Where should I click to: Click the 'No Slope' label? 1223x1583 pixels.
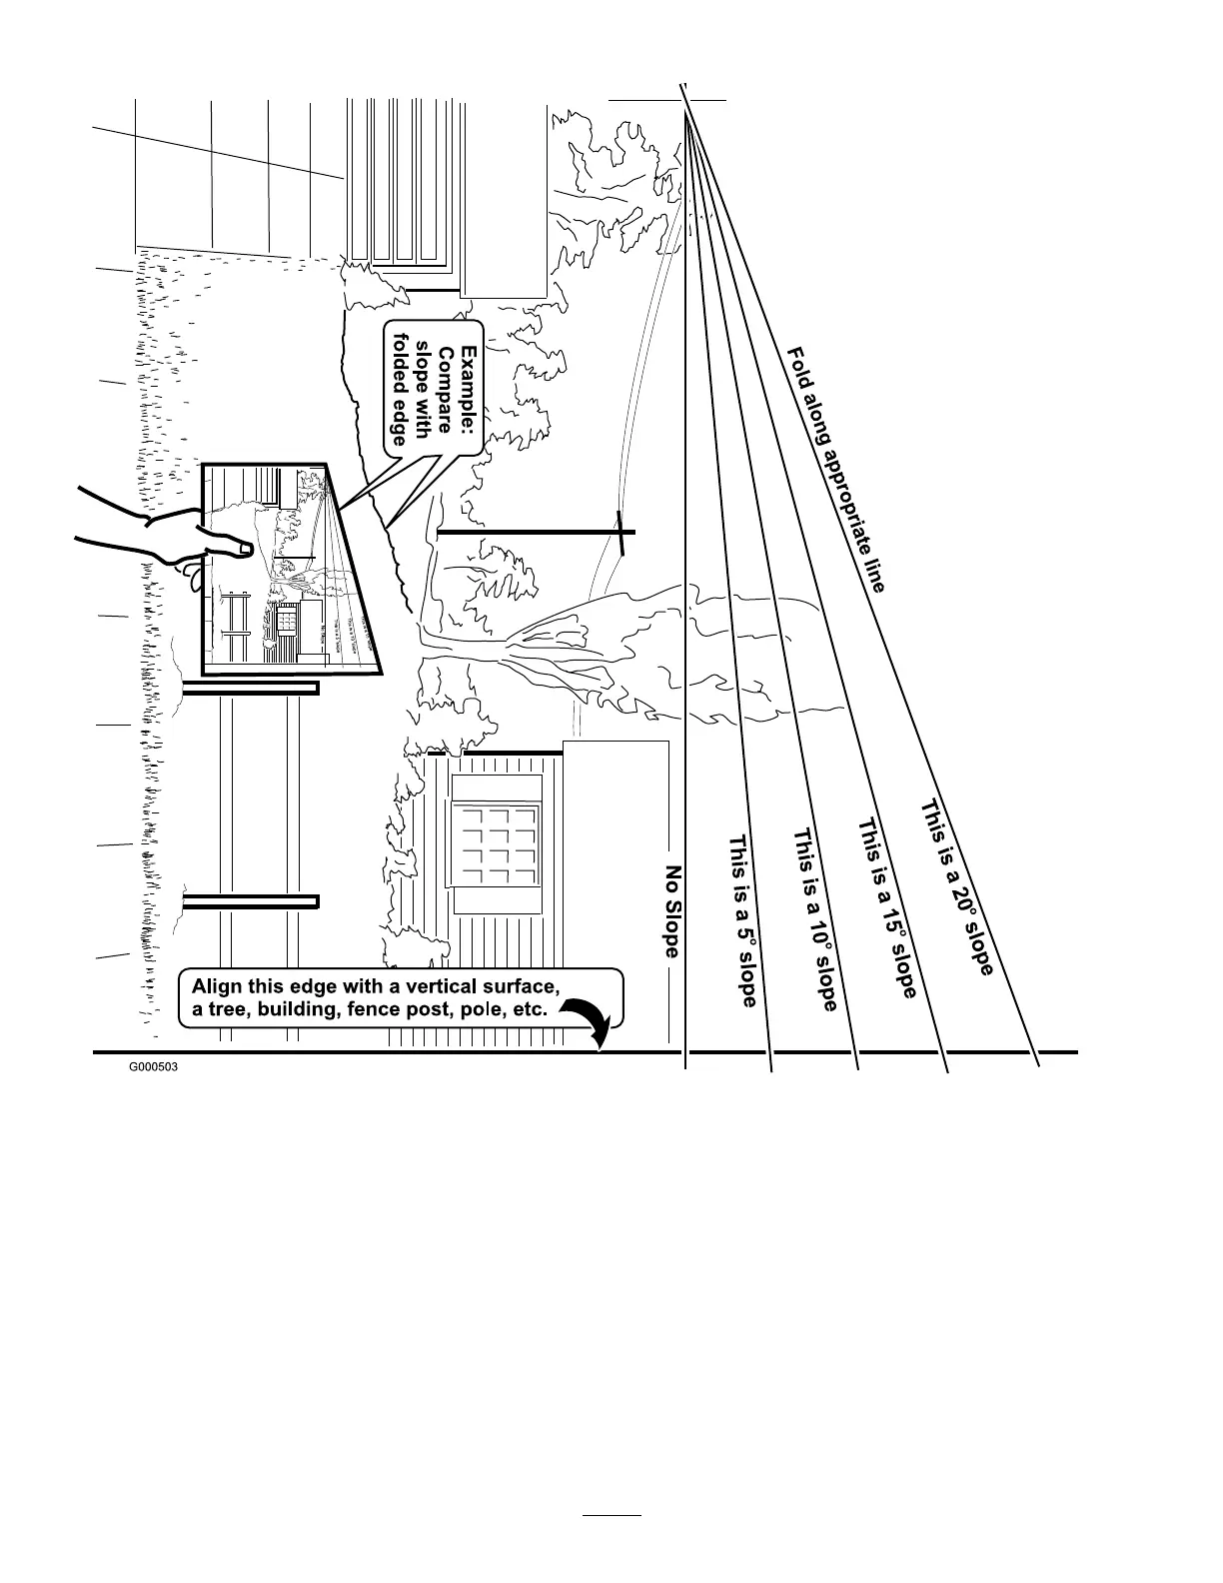pos(673,910)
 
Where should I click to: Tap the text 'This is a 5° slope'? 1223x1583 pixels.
pos(742,920)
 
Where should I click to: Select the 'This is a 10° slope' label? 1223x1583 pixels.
pos(814,919)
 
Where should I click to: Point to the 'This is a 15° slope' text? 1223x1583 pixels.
pos(887,907)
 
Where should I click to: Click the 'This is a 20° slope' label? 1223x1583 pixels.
pos(956,886)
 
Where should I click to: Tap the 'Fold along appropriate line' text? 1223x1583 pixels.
pos(836,469)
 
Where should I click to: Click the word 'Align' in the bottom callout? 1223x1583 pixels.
pos(216,985)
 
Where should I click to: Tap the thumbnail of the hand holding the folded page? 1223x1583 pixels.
pos(290,568)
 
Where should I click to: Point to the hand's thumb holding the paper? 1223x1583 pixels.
pos(228,547)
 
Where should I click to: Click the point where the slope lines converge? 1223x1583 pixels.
pos(685,111)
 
